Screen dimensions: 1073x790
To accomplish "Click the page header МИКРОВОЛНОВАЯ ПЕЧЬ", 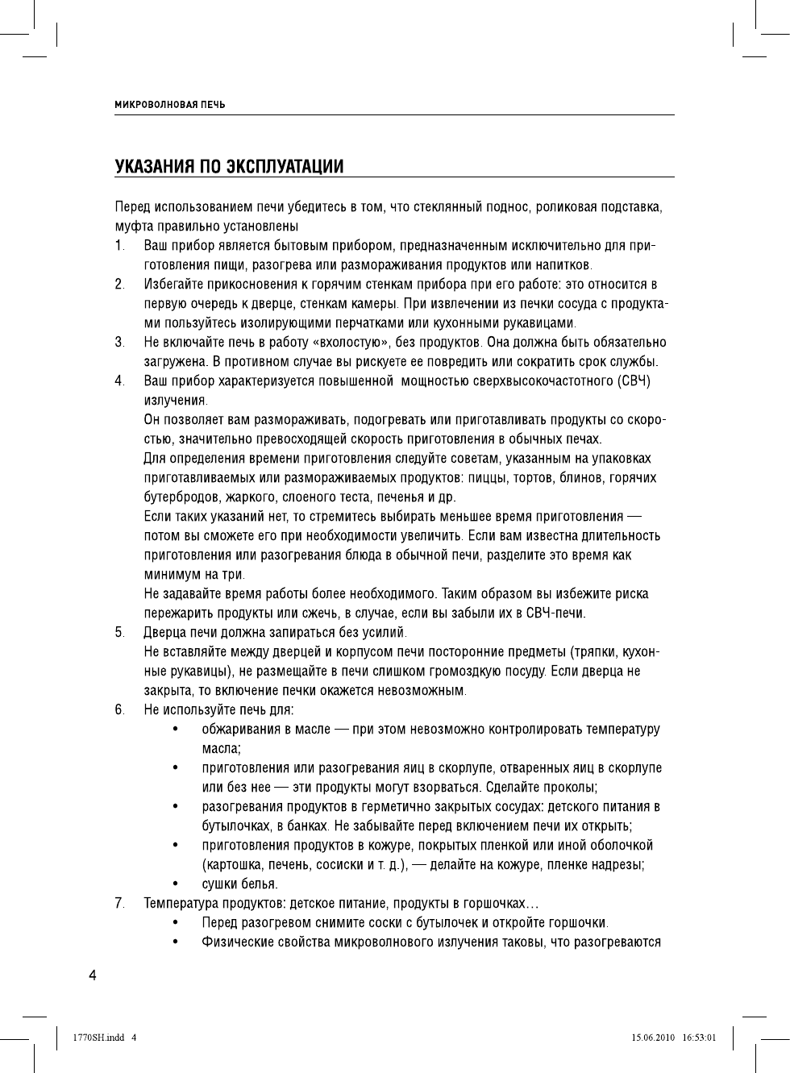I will [170, 105].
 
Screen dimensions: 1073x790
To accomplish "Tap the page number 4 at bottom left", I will [93, 975].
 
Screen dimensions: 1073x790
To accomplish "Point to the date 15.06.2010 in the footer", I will [652, 1038].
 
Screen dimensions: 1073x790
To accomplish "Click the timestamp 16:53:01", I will [699, 1038].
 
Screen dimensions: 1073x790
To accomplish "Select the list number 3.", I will [118, 343].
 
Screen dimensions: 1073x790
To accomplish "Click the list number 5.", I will [118, 632].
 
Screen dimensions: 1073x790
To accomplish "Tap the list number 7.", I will [118, 903].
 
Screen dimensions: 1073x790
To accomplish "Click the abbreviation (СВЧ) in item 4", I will [635, 381].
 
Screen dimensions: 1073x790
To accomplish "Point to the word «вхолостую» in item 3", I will [345, 343].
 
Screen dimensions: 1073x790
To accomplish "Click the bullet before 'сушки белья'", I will [175, 884].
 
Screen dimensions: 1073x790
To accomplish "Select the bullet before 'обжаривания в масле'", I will [175, 730].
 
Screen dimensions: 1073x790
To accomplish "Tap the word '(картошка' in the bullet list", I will [231, 865].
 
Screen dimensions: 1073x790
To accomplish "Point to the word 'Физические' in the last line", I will [235, 942].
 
